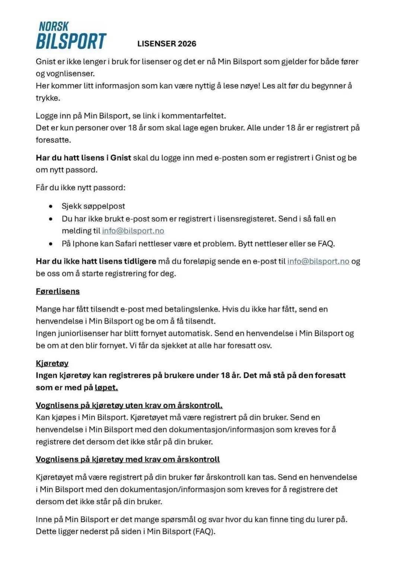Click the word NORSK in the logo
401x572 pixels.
[54, 26]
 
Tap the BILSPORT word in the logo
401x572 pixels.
[71, 41]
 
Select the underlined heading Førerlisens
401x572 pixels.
[58, 291]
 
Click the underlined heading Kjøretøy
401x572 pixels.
[52, 363]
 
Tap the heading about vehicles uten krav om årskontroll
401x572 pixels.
[129, 405]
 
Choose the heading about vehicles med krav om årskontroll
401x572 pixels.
[128, 459]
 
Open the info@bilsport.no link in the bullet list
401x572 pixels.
[133, 231]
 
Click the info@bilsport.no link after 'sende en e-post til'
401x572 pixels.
[318, 261]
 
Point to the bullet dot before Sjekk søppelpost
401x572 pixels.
[51, 206]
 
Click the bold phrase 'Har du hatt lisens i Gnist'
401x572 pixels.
[83, 158]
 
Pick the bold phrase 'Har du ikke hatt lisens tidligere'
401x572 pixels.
[96, 261]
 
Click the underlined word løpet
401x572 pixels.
[106, 388]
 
